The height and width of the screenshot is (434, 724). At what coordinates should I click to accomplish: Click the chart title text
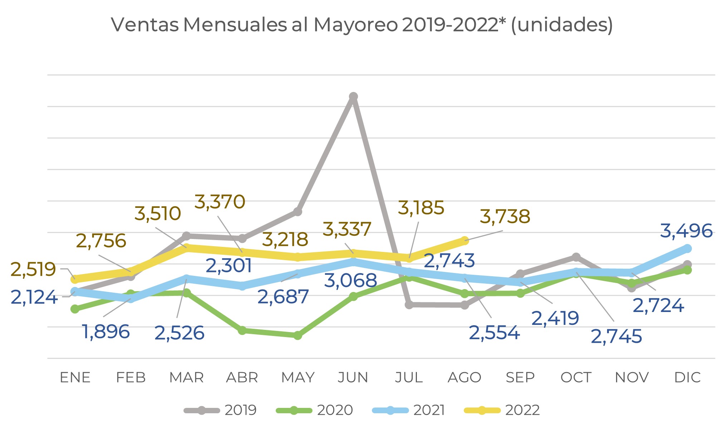click(x=362, y=25)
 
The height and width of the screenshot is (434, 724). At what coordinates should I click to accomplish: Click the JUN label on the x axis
click(x=353, y=377)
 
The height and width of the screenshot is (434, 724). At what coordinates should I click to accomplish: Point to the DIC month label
click(x=687, y=377)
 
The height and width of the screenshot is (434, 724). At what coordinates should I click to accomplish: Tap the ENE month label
click(x=75, y=377)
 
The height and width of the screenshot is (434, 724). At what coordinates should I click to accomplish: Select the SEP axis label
click(x=520, y=377)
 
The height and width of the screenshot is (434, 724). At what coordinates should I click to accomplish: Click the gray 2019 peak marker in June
click(x=353, y=97)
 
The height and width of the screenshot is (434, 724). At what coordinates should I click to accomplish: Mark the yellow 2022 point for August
click(x=464, y=240)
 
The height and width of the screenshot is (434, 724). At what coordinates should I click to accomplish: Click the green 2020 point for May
click(x=297, y=336)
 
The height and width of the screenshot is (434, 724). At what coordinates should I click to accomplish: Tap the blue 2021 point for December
click(x=687, y=248)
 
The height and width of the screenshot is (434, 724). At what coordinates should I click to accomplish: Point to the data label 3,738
click(x=505, y=217)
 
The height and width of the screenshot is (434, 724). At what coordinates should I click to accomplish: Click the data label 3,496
click(x=686, y=231)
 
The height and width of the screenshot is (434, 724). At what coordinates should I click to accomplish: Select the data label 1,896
click(x=106, y=332)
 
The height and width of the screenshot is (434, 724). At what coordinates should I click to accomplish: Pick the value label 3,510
click(x=158, y=214)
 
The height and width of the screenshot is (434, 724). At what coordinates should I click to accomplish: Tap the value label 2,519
click(x=33, y=269)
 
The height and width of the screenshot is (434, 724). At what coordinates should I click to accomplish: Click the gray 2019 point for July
click(x=409, y=305)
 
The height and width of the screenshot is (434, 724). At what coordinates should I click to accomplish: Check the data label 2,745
click(x=616, y=336)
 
